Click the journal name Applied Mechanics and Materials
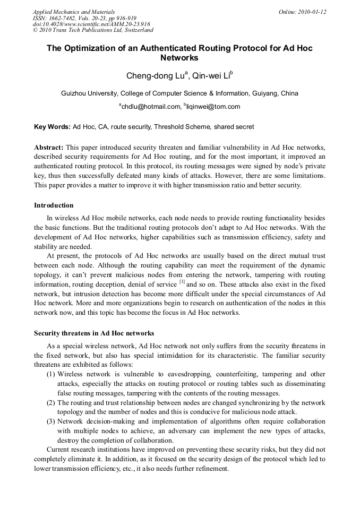tap(73, 11)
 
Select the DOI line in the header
tap(91, 24)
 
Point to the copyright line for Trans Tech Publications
tap(93, 30)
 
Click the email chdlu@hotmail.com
tap(151, 107)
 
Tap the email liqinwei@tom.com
tap(213, 107)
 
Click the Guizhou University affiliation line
tap(179, 93)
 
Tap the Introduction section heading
tap(54, 205)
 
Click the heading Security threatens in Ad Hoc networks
tap(94, 333)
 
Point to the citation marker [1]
tap(182, 282)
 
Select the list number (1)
tap(51, 374)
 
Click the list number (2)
tap(51, 403)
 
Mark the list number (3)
tap(51, 422)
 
